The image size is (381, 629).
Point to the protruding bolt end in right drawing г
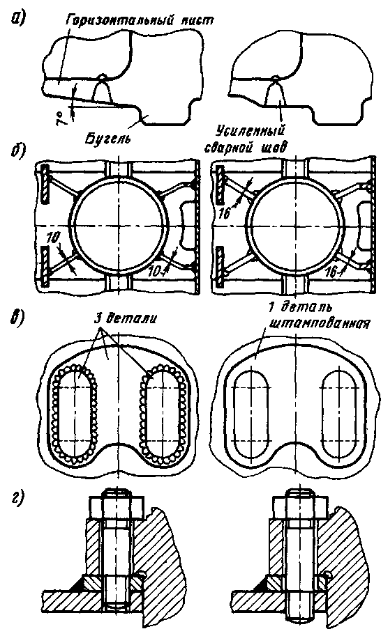tap(299, 617)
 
